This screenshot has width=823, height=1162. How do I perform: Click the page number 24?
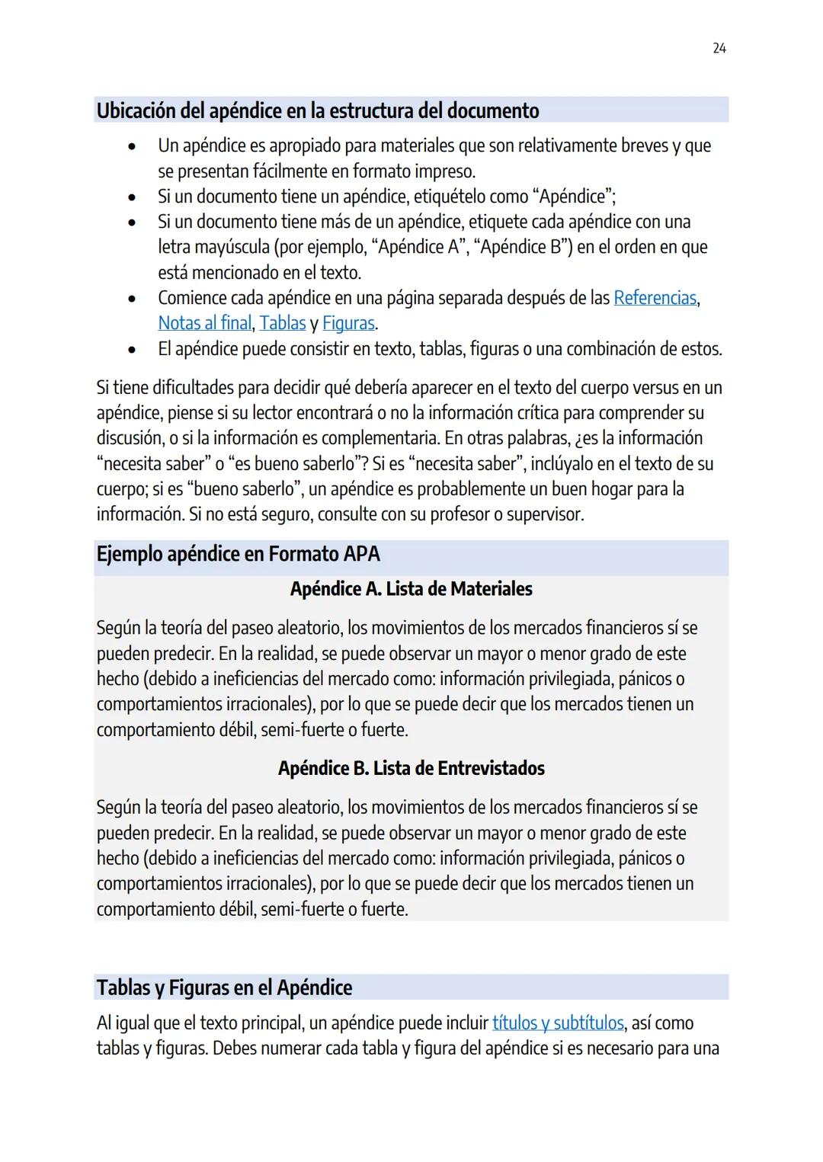[719, 49]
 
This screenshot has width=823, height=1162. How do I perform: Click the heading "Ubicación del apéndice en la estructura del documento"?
[317, 111]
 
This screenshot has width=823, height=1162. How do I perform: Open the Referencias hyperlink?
[655, 298]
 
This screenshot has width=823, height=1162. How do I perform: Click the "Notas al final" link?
[204, 323]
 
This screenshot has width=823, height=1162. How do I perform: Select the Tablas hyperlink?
[282, 323]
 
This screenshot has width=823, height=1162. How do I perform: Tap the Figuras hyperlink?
[348, 323]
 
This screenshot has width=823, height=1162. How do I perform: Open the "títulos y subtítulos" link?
[558, 1023]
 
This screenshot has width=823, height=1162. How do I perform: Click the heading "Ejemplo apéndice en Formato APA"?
[238, 554]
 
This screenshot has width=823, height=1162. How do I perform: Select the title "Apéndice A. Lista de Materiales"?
[411, 589]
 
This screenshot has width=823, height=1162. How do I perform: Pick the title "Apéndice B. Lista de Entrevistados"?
[411, 768]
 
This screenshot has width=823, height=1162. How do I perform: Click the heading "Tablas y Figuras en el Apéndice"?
[224, 988]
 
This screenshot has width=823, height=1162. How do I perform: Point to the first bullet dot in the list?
[133, 146]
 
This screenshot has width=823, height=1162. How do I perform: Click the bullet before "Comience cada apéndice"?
[133, 298]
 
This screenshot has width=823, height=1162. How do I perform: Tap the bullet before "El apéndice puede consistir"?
[133, 349]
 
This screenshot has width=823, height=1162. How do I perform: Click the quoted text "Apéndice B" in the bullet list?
[524, 247]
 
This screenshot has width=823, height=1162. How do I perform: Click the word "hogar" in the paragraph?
[610, 489]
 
